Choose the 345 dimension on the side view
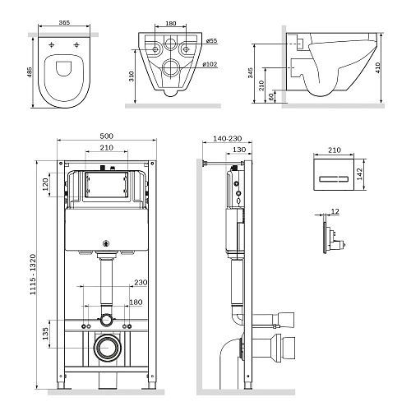point(253,74)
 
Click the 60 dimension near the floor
point(272,96)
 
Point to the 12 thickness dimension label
point(335,212)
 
